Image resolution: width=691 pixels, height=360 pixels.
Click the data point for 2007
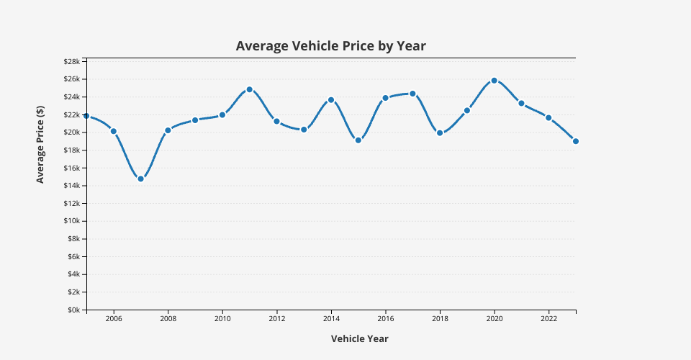tap(140, 179)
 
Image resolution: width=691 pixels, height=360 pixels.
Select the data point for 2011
tap(250, 89)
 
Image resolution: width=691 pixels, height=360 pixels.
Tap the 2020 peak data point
tap(494, 81)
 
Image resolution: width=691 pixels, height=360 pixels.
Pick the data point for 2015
tap(358, 140)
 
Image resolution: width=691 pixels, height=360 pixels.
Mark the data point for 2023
tap(576, 141)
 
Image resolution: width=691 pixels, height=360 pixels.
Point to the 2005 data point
tap(86, 116)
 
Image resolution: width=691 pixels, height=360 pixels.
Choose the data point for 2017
tap(412, 94)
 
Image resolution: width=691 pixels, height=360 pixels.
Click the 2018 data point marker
tap(440, 132)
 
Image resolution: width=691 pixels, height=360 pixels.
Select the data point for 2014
tap(331, 100)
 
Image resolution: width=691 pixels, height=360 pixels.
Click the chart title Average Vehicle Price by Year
tap(331, 46)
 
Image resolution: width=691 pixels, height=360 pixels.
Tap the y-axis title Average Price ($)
tap(40, 144)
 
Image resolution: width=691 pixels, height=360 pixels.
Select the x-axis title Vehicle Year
tap(359, 338)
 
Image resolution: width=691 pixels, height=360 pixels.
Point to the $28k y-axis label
tap(71, 61)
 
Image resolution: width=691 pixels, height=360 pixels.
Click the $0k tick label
tap(73, 310)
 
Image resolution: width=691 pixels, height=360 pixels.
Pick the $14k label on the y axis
tap(71, 186)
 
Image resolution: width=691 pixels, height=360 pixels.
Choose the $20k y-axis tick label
tap(71, 132)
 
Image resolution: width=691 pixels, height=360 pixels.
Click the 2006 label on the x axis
tap(113, 318)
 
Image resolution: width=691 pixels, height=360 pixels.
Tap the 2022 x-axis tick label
tap(548, 318)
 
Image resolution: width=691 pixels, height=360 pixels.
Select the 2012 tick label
tap(276, 318)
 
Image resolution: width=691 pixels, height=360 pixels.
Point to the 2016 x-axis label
tap(386, 318)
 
